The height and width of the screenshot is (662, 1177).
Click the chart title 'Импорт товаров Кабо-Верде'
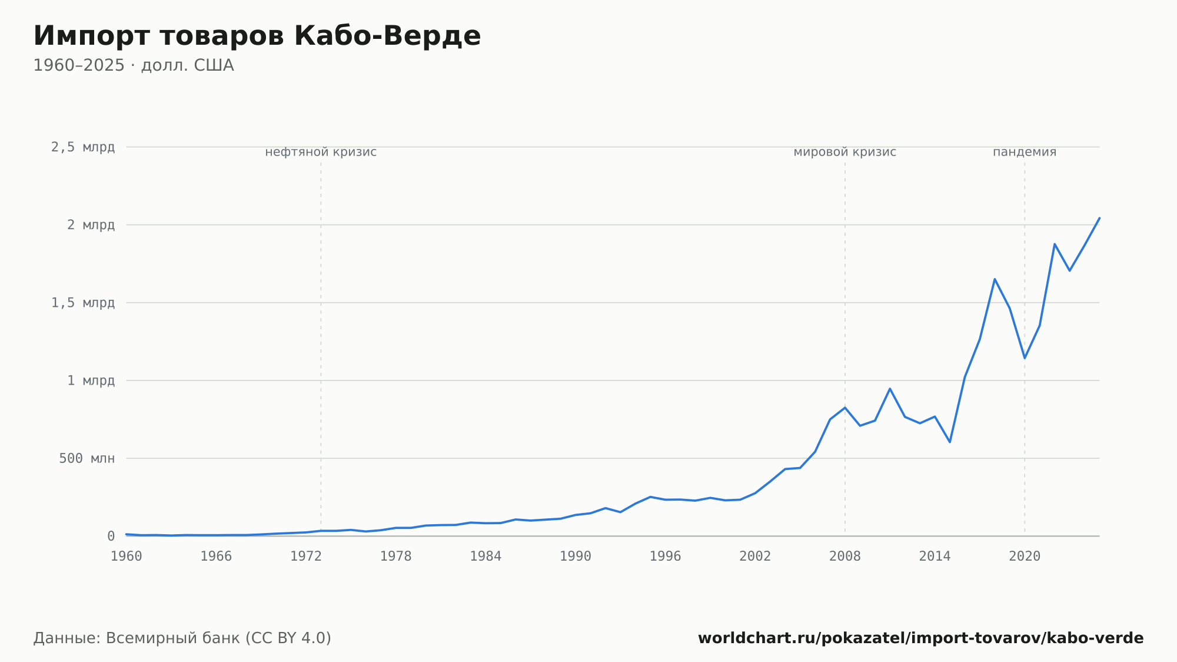pos(257,36)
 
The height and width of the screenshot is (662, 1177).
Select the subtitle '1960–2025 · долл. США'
pos(134,65)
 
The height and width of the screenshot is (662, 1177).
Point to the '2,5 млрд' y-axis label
pos(83,147)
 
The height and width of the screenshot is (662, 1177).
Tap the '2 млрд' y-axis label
pos(91,225)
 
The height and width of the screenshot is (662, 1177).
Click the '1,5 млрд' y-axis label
pos(83,303)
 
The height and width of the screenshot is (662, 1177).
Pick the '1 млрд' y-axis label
pos(91,380)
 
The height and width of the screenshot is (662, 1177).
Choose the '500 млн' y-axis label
pos(87,458)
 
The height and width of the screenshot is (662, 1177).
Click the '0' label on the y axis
pos(111,536)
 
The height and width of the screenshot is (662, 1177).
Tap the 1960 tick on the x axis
pos(127,557)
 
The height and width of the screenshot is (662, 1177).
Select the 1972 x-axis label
pos(306,557)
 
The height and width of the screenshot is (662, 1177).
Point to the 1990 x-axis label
pos(576,557)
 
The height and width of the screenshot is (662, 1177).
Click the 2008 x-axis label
pos(845,557)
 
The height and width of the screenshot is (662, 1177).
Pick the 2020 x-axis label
pos(1025,557)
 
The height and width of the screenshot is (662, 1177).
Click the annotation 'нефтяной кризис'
pos(321,152)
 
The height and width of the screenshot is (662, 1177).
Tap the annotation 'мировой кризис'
pos(845,152)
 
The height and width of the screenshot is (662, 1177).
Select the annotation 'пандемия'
pos(1025,152)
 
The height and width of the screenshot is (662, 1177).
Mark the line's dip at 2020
pos(1025,358)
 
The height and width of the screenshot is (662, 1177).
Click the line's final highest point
pos(1099,219)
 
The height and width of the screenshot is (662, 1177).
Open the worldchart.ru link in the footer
pos(921,638)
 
